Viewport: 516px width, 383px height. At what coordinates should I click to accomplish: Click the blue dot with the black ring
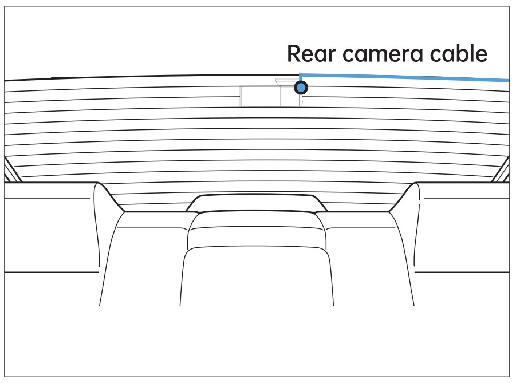coord(301,88)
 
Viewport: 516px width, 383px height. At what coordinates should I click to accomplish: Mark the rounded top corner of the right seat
coord(412,187)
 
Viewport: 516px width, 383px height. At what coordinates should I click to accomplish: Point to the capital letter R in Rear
coord(294,54)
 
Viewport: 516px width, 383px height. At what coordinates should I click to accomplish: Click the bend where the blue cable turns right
coord(301,74)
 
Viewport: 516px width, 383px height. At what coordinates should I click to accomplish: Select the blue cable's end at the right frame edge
coord(507,80)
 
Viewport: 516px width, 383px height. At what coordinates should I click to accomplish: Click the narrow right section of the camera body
coord(290,97)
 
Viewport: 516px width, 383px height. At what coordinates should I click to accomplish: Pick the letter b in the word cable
coord(459,53)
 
